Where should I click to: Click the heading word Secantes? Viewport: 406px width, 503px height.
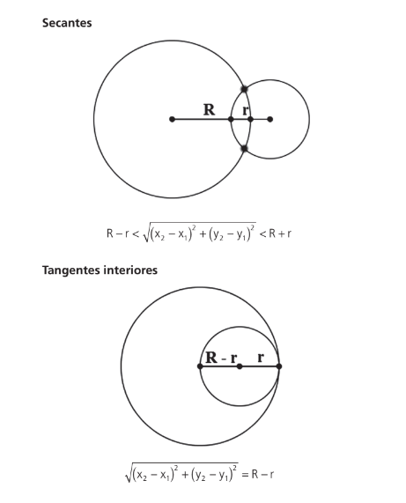pos(67,23)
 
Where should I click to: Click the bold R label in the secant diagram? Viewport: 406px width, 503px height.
pos(209,110)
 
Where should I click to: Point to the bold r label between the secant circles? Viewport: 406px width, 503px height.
pos(246,110)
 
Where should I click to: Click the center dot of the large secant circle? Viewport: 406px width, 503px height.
pos(173,119)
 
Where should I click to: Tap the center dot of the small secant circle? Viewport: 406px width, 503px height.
pos(270,119)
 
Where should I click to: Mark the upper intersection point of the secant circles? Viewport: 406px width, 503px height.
pos(244,89)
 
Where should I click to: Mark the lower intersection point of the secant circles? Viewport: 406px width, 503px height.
pos(244,149)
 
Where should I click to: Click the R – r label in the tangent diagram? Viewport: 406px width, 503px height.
pos(221,358)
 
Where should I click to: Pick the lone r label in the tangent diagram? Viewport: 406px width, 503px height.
pos(261,358)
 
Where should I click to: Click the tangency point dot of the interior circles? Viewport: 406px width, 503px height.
pos(279,366)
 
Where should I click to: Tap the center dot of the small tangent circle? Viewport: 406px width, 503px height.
pos(240,366)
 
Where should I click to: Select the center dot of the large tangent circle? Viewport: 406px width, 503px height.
pos(200,366)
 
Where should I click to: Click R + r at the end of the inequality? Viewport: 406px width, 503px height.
pos(280,233)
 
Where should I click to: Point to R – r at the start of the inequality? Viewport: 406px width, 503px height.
pos(118,233)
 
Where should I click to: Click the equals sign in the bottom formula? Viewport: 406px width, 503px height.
pos(245,475)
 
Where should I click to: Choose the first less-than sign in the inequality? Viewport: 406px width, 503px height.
pos(136,233)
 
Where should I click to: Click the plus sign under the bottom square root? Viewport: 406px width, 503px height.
pos(185,475)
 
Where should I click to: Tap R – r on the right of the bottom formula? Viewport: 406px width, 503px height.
pos(262,474)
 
